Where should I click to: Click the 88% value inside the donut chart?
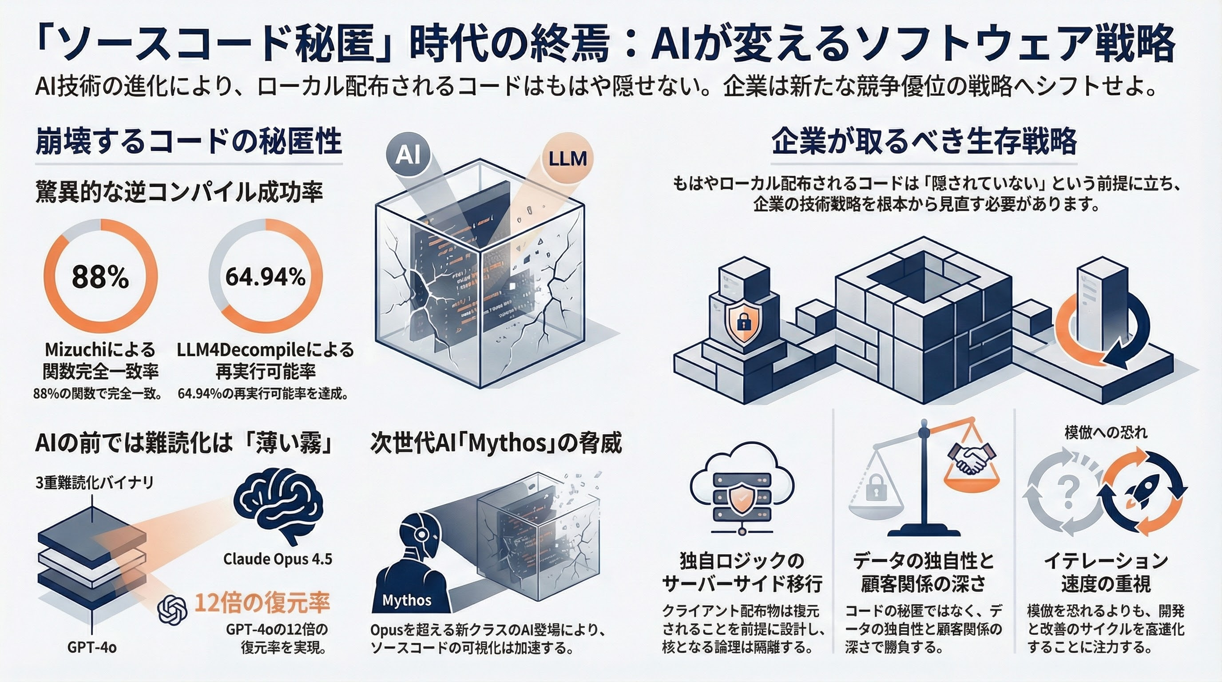coord(100,277)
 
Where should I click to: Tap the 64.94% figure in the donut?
coord(265,277)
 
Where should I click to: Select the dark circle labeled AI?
coord(408,154)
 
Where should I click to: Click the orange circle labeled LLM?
coord(567,159)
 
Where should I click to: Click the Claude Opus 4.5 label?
coord(278,559)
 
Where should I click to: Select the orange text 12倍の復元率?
coord(262,603)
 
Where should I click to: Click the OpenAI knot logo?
coord(172,610)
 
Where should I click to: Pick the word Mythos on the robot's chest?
coord(407,600)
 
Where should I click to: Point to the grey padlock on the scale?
coord(876,488)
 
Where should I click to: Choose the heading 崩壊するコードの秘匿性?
coord(188,141)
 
